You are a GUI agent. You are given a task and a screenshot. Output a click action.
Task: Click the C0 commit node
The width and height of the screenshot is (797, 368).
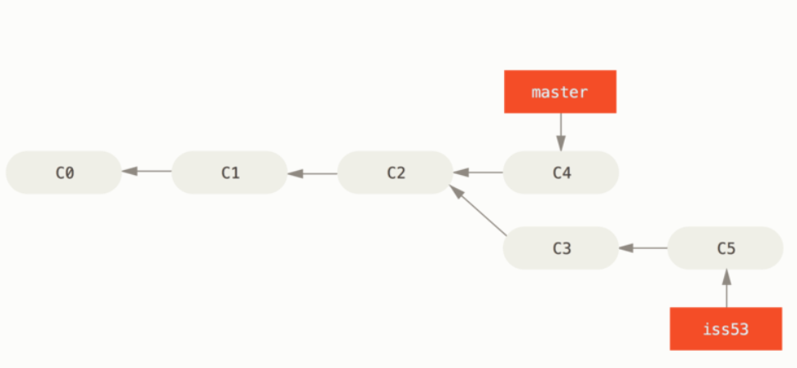[x=64, y=172]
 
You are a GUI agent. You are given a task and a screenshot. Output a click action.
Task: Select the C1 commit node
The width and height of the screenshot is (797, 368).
[x=230, y=172]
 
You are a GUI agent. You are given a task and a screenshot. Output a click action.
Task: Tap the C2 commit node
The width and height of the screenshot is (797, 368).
[x=396, y=172]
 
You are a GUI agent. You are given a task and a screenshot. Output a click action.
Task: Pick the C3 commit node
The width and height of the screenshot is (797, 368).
[x=561, y=248]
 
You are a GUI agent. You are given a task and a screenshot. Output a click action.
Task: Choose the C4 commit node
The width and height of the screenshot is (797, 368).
[x=561, y=172]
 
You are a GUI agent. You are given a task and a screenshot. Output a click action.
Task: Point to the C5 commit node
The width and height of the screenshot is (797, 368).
[x=726, y=248]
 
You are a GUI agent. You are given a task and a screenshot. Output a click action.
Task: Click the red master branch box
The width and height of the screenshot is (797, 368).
[x=560, y=92]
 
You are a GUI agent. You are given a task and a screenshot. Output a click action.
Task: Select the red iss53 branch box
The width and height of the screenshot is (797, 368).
[x=726, y=329]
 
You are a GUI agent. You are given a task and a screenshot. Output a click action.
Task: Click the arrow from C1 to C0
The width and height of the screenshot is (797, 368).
[x=147, y=172]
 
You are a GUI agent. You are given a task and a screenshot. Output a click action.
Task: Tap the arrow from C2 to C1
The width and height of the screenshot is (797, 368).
[x=313, y=173]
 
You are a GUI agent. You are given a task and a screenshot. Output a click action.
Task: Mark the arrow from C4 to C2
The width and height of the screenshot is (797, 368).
[x=479, y=172]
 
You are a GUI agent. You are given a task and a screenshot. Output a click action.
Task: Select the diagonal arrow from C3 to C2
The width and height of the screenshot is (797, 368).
[x=479, y=210]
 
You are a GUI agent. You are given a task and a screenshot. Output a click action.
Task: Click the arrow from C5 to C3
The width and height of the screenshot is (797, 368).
[x=643, y=248]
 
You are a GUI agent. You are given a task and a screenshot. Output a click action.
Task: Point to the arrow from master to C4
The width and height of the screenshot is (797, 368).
[x=561, y=131]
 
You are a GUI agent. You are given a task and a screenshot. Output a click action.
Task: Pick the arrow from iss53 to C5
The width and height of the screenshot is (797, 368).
[x=727, y=288]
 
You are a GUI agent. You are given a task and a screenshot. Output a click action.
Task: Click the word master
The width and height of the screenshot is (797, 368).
[x=560, y=92]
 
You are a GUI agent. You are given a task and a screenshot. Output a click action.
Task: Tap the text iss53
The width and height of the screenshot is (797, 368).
[x=726, y=329]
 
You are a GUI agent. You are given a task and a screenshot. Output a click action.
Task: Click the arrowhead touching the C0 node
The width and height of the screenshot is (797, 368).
[x=130, y=172]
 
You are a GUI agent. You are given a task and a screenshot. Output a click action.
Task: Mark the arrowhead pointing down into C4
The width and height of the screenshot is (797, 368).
[x=561, y=144]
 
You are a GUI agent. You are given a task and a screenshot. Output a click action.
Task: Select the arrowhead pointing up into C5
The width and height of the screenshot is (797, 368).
[x=727, y=277]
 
